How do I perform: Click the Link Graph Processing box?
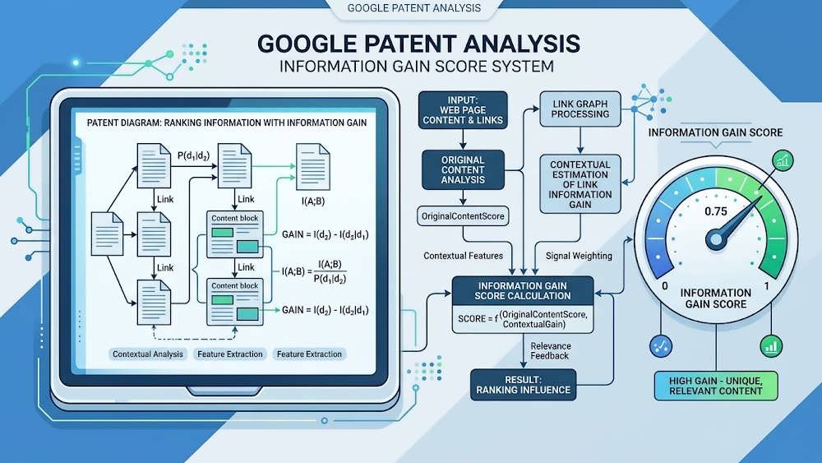[x=580, y=109]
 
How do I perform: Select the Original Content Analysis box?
[x=463, y=170]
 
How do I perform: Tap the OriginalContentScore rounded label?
[x=463, y=216]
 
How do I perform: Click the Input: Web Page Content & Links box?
[x=463, y=110]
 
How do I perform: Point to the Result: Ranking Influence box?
[x=523, y=385]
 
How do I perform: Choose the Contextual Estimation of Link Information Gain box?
[x=580, y=184]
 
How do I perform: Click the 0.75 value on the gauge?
[x=716, y=211]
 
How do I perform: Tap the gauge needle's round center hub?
[x=716, y=239]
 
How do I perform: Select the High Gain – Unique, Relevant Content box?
[x=716, y=386]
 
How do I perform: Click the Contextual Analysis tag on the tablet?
[x=148, y=354]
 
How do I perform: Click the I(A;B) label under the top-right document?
[x=313, y=201]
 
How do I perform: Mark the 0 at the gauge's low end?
[x=665, y=286]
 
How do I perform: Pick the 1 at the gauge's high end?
[x=766, y=286]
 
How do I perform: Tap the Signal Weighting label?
[x=579, y=256]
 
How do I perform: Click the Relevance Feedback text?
[x=551, y=351]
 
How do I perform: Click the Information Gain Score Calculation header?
[x=523, y=290]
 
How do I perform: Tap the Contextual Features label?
[x=463, y=256]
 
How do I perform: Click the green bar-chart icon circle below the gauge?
[x=771, y=346]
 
